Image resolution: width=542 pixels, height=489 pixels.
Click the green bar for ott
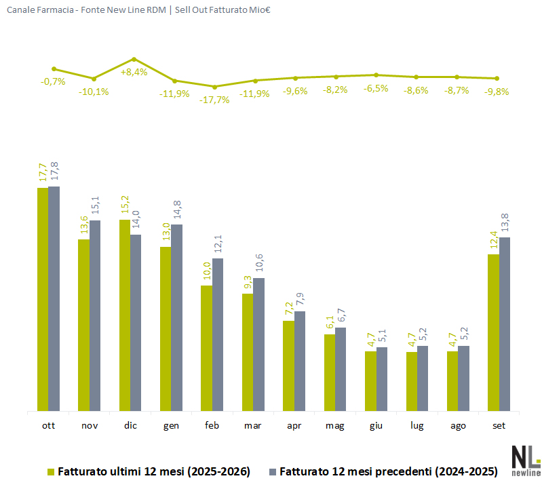pos(43,299)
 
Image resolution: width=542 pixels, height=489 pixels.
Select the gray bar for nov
pos(95,315)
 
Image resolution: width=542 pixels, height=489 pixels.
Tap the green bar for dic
pos(125,315)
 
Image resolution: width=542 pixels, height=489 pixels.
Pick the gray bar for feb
pos(218,334)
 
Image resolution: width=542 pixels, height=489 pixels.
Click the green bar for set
pos(493,332)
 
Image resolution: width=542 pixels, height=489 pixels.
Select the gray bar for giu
pos(382,379)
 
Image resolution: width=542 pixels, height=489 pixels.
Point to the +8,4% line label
pos(134,72)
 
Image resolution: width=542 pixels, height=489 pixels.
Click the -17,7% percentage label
pos(214,100)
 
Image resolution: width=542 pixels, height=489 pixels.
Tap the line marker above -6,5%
pos(376,75)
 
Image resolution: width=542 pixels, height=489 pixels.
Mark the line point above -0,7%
pos(54,69)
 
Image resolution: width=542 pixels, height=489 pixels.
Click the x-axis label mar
pos(252,425)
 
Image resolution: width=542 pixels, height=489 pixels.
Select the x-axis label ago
pos(458,426)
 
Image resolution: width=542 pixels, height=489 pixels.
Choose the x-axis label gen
pos(171,426)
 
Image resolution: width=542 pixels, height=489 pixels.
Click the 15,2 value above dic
pos(125,205)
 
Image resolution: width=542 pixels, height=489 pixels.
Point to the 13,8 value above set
pos(505,222)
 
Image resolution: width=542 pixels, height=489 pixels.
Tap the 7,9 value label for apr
pos(300,299)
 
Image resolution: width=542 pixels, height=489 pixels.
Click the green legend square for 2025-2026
pos(51,472)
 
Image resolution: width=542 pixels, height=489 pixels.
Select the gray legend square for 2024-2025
pos(273,472)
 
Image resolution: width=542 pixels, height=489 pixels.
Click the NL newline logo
pos(526,461)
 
